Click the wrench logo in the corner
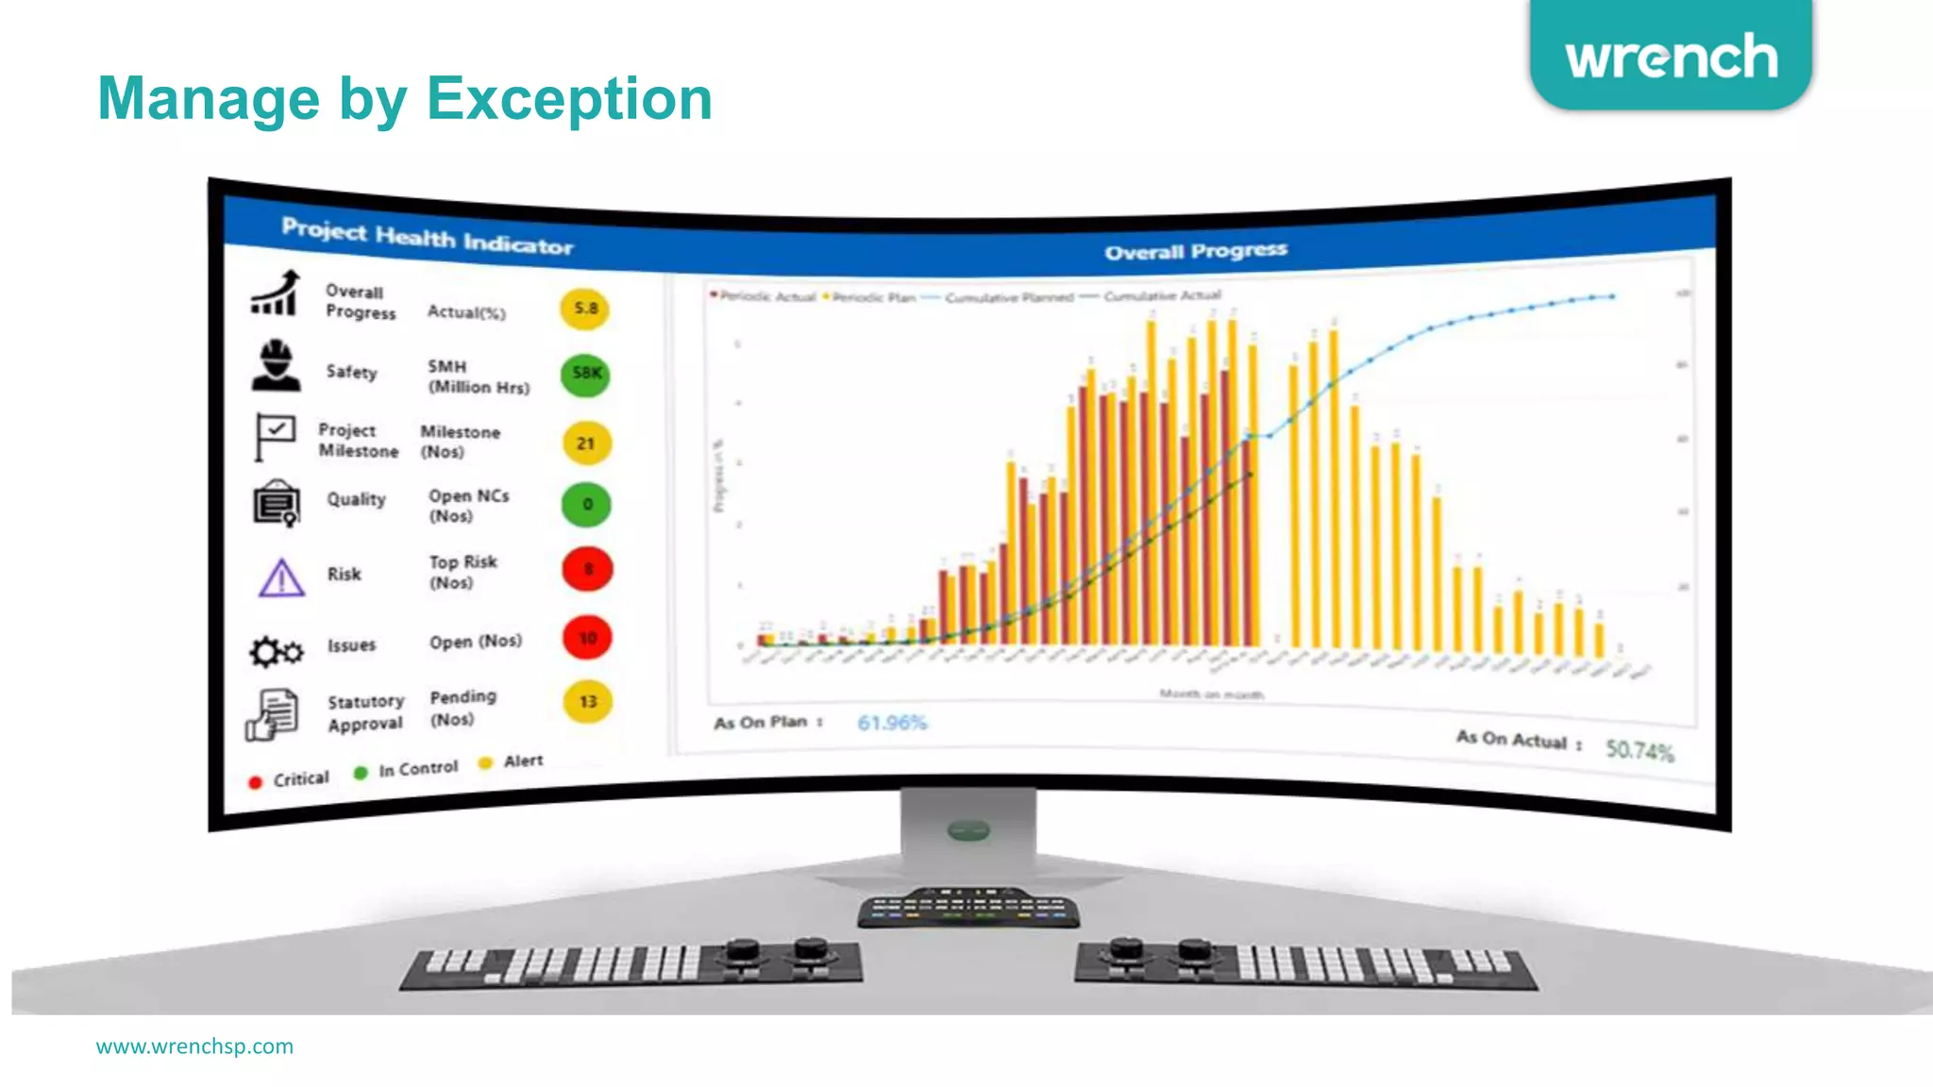pos(1671,57)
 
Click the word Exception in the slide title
pos(569,99)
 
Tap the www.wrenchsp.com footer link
pos(194,1046)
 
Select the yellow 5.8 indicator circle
pos(585,309)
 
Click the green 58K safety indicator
pos(585,374)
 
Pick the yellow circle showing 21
pos(586,443)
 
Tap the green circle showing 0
pos(586,505)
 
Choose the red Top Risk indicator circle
pos(587,569)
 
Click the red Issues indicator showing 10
pos(587,638)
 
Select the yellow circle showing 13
pos(587,702)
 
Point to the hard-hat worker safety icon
pos(276,365)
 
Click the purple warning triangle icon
pos(281,577)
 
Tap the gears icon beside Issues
pos(276,651)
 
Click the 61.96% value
pos(892,723)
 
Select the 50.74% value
pos(1639,750)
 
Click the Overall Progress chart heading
pos(1196,251)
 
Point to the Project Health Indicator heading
pos(427,237)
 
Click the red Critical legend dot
pos(255,782)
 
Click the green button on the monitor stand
pos(968,830)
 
